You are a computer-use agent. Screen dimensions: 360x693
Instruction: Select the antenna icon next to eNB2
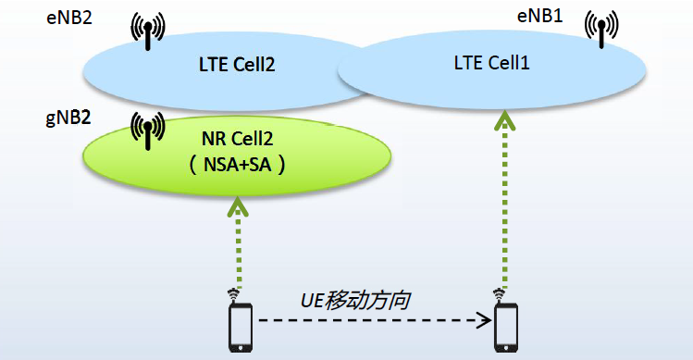(x=146, y=31)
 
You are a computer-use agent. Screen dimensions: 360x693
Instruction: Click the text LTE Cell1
(x=490, y=63)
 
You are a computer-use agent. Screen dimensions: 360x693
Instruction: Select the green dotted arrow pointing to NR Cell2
(x=240, y=245)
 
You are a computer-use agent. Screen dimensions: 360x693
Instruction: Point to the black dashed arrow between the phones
(x=370, y=321)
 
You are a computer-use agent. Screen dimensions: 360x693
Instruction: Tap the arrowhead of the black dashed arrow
(x=484, y=321)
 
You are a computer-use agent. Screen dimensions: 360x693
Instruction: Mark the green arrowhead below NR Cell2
(x=240, y=205)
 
